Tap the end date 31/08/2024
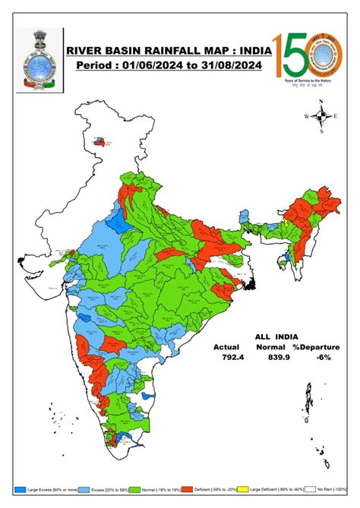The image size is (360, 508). click(226, 66)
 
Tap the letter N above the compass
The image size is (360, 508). click(321, 102)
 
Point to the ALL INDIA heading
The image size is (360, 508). click(276, 336)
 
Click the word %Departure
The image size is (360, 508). click(319, 346)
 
